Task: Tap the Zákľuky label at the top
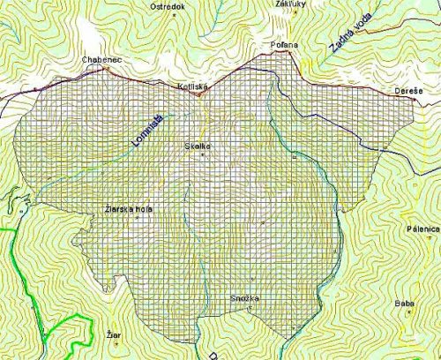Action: [290, 4]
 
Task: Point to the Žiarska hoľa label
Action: [128, 209]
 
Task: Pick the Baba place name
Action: [405, 304]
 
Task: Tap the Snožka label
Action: [244, 299]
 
